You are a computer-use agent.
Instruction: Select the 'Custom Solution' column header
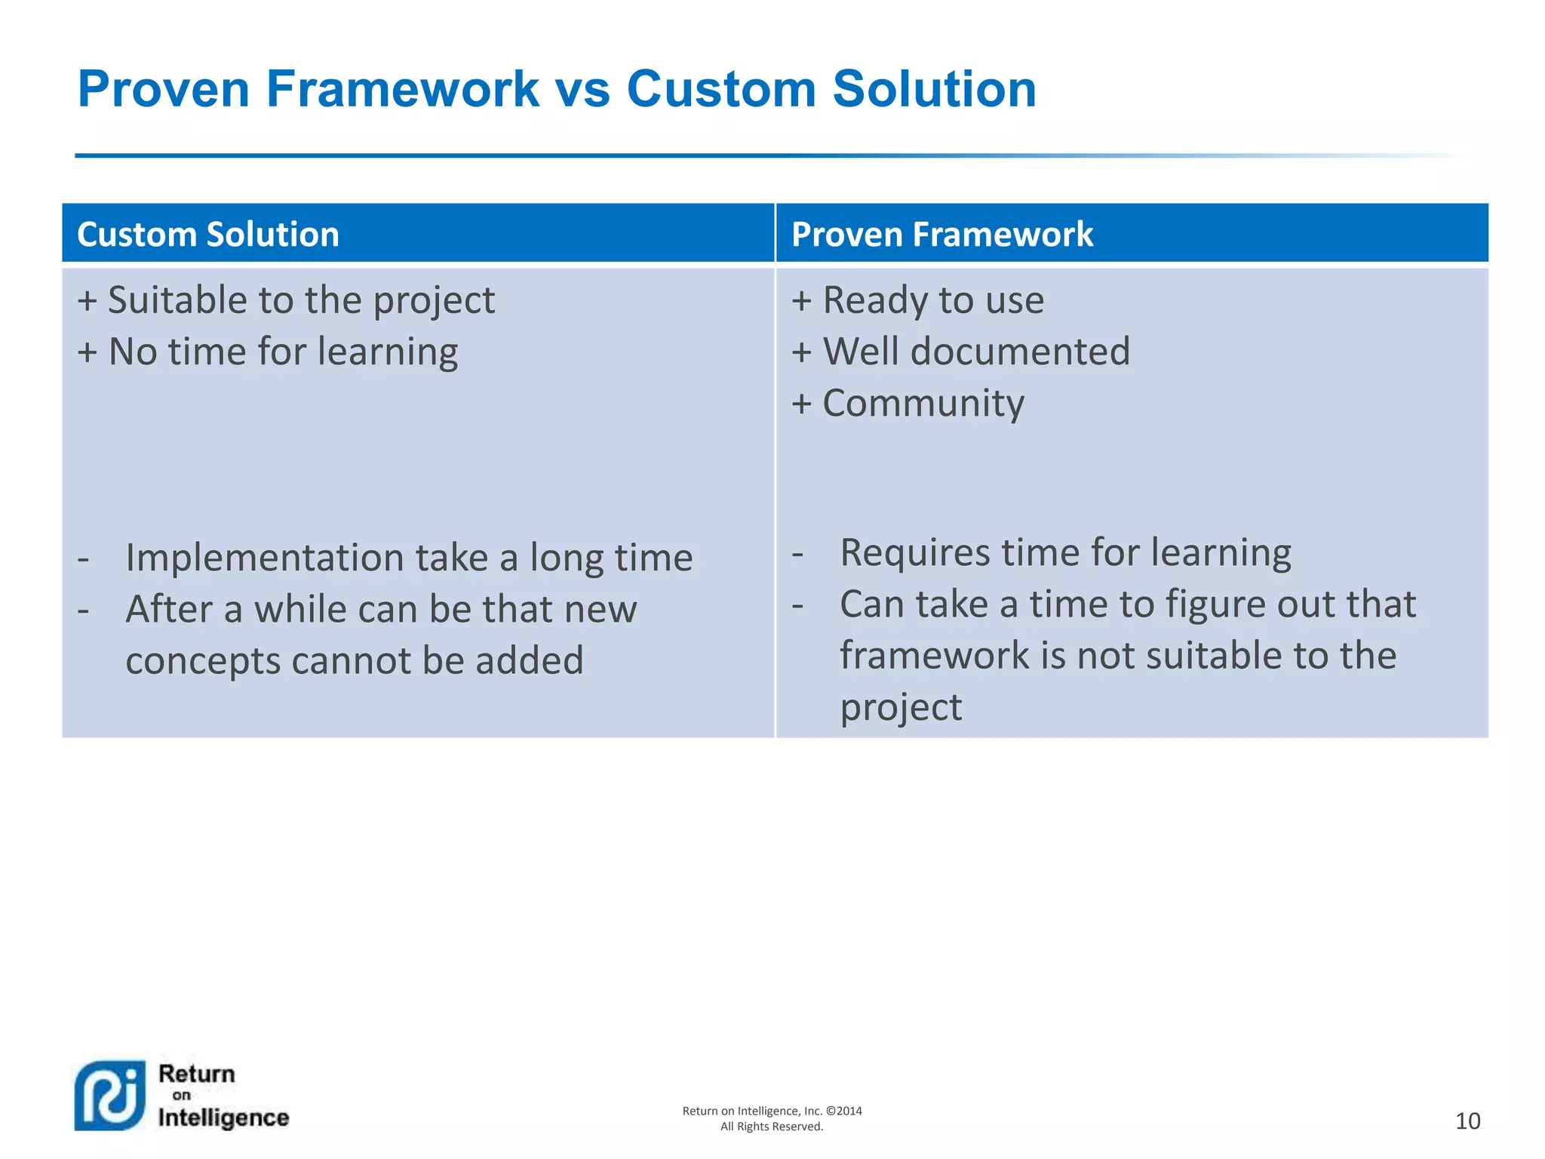click(208, 235)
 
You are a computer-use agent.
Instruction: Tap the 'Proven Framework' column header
click(941, 235)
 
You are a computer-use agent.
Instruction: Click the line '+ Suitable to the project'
click(286, 301)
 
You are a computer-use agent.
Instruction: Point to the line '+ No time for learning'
click(268, 352)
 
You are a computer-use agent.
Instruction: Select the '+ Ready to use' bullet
click(917, 301)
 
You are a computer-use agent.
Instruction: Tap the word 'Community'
click(923, 404)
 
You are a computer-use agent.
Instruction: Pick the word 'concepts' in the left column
click(203, 661)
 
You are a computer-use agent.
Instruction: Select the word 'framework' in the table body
click(934, 656)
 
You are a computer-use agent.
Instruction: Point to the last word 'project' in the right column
click(901, 708)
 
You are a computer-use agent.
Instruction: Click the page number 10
click(1467, 1121)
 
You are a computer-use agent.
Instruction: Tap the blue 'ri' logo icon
click(110, 1096)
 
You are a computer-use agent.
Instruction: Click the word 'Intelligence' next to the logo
click(223, 1117)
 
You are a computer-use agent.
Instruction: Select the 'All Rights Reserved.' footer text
click(772, 1127)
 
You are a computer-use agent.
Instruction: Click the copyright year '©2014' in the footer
click(843, 1111)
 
